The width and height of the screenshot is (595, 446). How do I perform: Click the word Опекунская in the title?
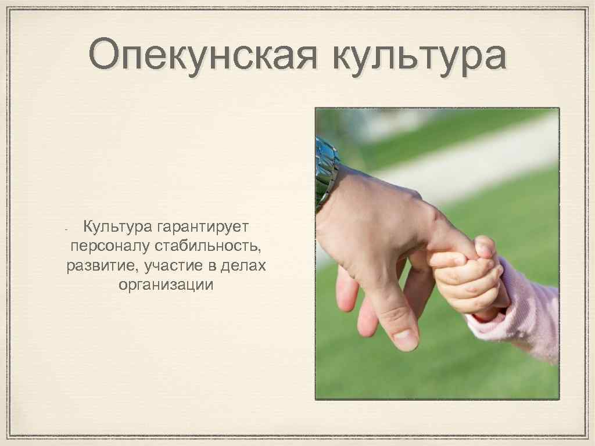click(x=203, y=55)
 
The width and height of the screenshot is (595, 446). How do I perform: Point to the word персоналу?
click(x=109, y=246)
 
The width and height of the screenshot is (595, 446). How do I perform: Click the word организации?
click(x=166, y=286)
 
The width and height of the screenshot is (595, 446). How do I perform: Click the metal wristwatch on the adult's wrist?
click(x=326, y=171)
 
